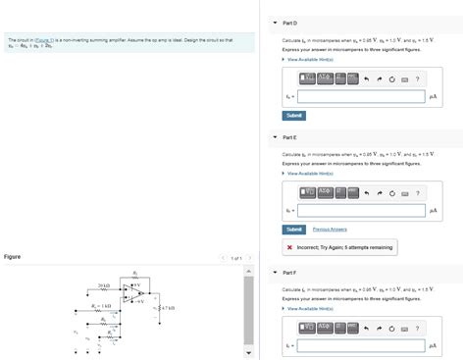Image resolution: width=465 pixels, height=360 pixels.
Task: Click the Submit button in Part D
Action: click(x=294, y=115)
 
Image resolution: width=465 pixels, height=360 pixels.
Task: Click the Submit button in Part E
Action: click(x=294, y=229)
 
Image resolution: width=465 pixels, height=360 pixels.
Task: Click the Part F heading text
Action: click(x=288, y=272)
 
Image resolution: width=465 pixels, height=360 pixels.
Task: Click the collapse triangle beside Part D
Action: click(x=275, y=23)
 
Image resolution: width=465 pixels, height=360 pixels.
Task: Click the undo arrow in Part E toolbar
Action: click(x=366, y=193)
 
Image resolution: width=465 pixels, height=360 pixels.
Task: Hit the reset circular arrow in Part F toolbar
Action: click(x=391, y=328)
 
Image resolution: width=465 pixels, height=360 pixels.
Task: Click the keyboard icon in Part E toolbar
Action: click(x=404, y=193)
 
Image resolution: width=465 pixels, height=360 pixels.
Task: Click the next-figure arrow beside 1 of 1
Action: click(x=250, y=258)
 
